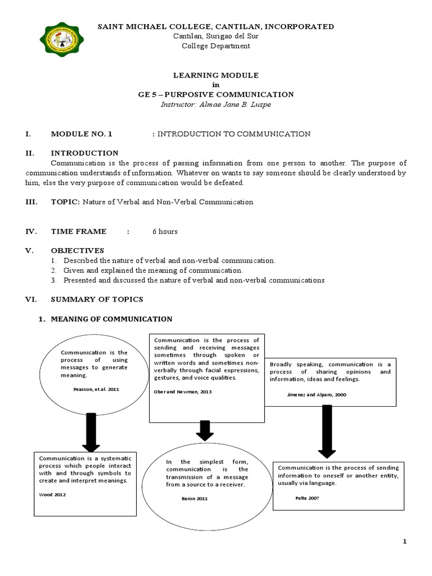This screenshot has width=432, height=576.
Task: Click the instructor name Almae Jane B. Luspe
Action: coord(216,105)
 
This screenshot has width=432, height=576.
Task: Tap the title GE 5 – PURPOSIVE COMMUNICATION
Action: coord(216,94)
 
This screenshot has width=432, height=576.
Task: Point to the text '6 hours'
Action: coord(165,231)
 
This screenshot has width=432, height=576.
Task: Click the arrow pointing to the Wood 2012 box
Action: coord(91,432)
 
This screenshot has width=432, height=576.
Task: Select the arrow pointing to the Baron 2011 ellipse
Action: coord(205,431)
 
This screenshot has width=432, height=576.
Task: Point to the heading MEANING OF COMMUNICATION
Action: coord(111,319)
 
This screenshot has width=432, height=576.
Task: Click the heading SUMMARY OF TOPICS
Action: coord(97,299)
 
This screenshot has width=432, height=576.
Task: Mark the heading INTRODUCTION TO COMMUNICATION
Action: coord(233,134)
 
